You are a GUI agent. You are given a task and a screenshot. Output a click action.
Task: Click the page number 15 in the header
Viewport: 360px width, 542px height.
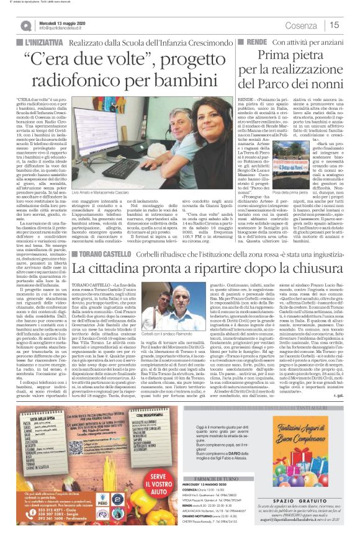(333, 25)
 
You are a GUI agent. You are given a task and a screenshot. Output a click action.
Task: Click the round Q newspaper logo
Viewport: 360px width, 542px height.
(26, 25)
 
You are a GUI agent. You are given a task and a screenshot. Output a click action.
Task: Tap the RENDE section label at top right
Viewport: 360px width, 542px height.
(248, 40)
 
